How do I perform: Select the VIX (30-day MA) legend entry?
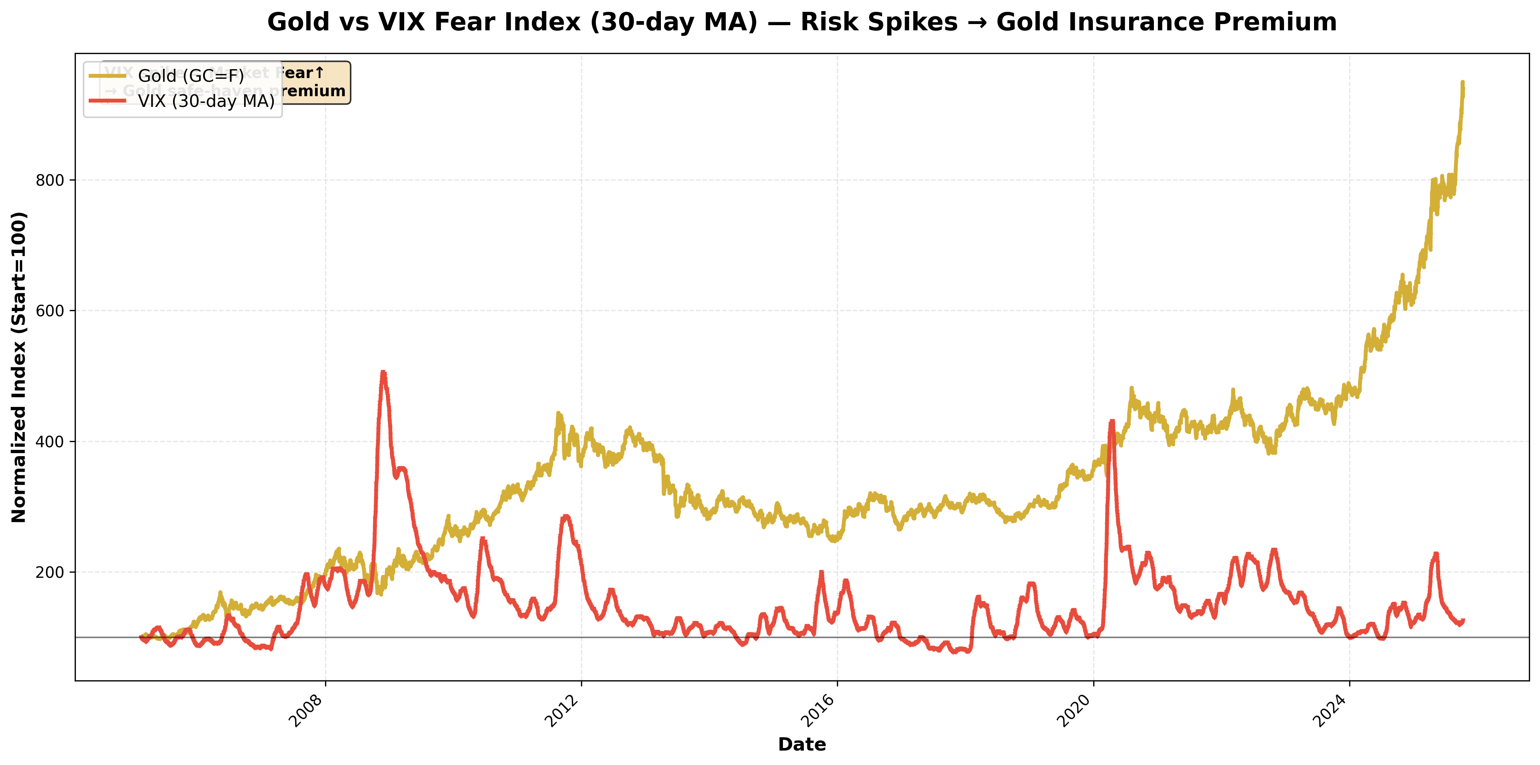[x=206, y=101]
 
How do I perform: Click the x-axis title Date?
[x=802, y=744]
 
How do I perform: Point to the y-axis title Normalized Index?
[x=19, y=367]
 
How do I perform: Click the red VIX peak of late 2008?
[x=383, y=373]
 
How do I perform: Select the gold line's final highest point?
[x=1462, y=82]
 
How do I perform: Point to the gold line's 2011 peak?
[x=558, y=413]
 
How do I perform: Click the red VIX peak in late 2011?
[x=565, y=516]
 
